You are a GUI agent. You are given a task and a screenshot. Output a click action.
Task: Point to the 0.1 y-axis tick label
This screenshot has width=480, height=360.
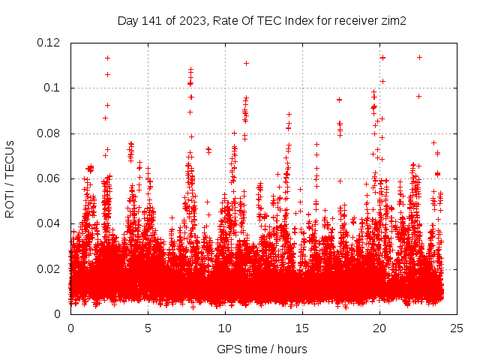pyautogui.click(x=54, y=88)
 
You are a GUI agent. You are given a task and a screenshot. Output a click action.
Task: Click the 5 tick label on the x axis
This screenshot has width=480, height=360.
pyautogui.click(x=148, y=328)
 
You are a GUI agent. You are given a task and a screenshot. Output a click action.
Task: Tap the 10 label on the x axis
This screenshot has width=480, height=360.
pyautogui.click(x=225, y=328)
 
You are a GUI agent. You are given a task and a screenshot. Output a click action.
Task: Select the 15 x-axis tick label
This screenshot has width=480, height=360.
pyautogui.click(x=302, y=328)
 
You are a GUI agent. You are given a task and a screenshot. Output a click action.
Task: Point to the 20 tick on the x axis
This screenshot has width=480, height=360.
pyautogui.click(x=379, y=328)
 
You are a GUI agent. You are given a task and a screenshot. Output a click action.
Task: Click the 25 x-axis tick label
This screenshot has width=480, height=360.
pyautogui.click(x=457, y=328)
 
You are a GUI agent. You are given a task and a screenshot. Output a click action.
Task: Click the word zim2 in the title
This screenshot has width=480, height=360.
pyautogui.click(x=393, y=21)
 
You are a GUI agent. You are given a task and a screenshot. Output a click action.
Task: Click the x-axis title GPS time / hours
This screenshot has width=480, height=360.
pyautogui.click(x=262, y=349)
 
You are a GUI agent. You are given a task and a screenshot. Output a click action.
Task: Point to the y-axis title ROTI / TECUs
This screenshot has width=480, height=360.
pyautogui.click(x=10, y=178)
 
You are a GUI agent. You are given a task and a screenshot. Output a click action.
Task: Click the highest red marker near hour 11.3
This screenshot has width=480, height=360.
pyautogui.click(x=246, y=63)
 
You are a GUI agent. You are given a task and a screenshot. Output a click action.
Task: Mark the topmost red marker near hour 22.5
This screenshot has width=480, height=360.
pyautogui.click(x=419, y=57)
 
